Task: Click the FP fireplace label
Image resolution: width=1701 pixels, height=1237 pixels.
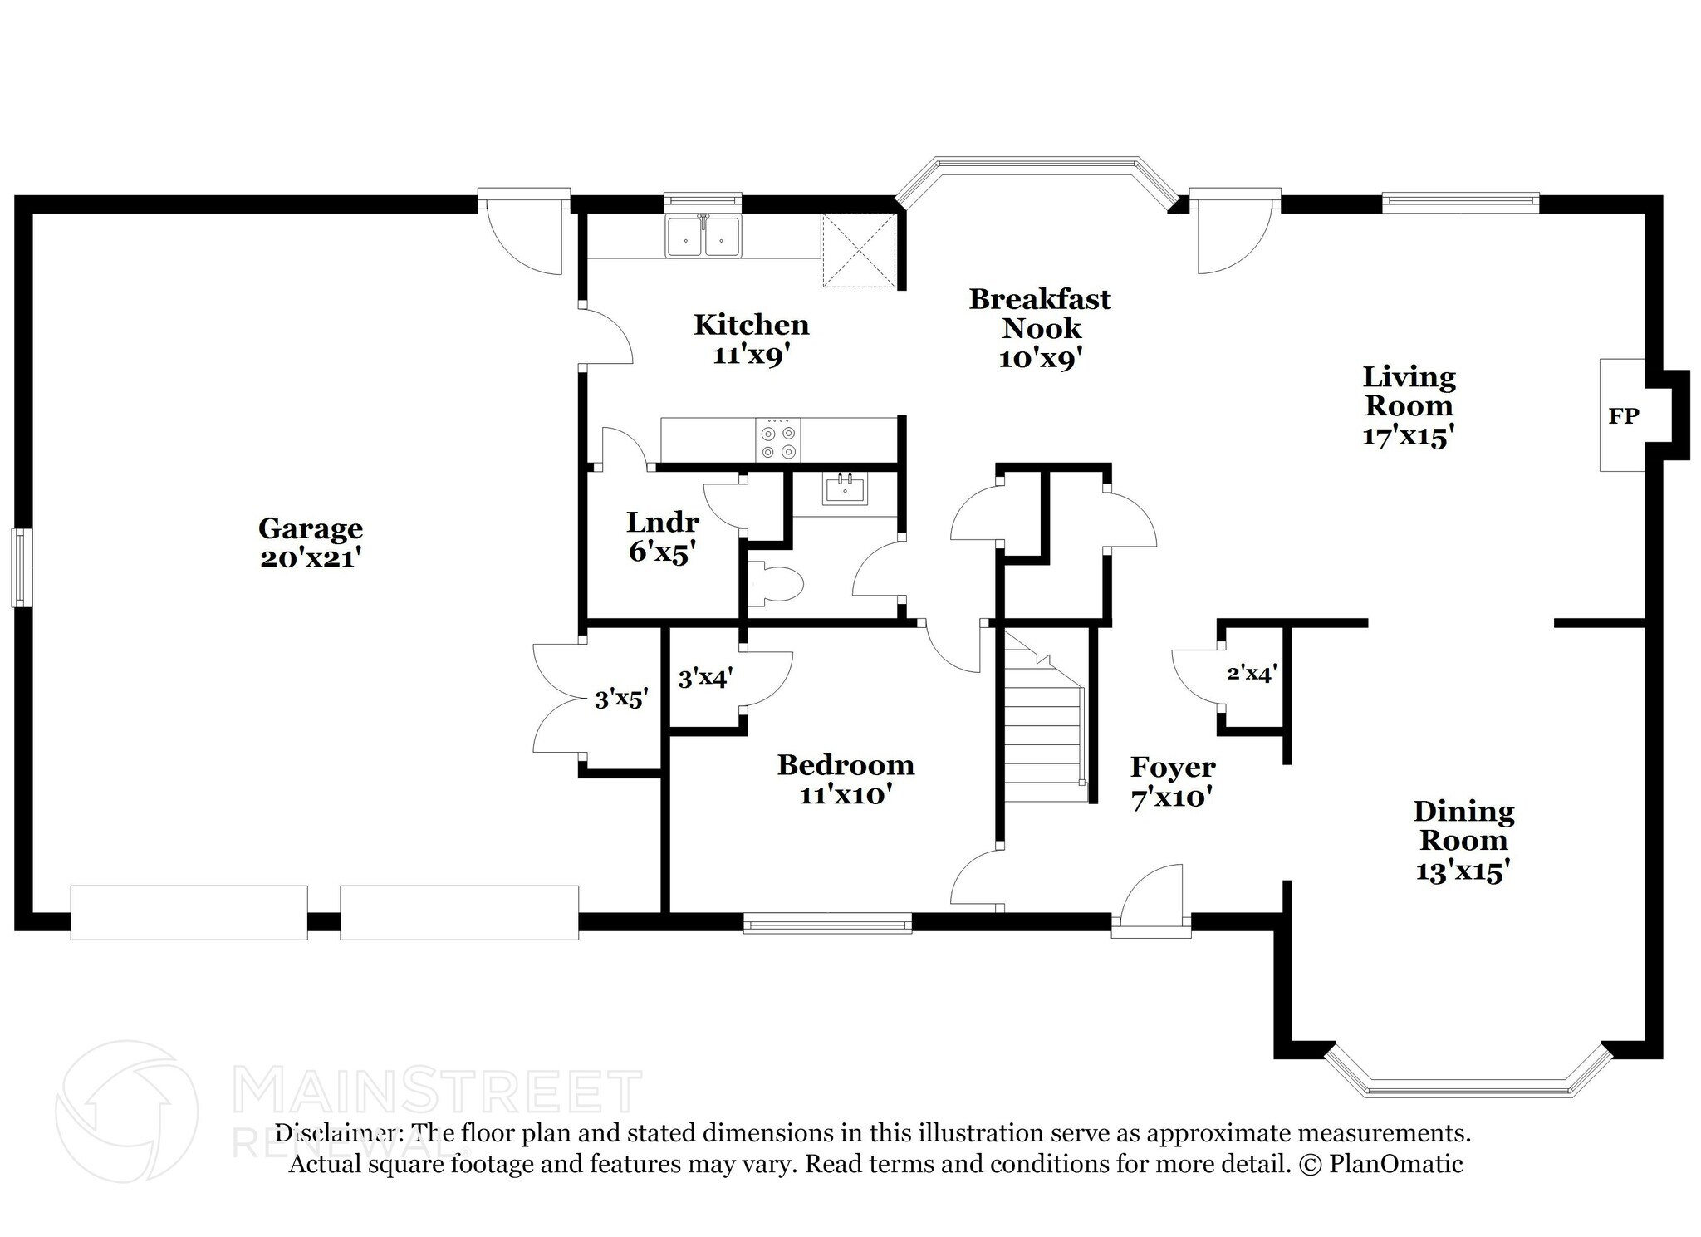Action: [1623, 416]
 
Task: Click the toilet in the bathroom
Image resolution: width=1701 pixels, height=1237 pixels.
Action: [777, 583]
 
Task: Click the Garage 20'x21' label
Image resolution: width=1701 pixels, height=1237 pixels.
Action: [310, 542]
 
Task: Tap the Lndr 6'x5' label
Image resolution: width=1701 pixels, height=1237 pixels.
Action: [662, 537]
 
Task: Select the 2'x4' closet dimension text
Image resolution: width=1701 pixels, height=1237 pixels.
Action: [1252, 673]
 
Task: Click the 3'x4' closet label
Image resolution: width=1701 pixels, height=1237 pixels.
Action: [704, 680]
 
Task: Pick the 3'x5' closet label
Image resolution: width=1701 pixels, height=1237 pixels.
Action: [620, 699]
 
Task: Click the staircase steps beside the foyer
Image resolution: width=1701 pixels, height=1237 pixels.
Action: [1045, 731]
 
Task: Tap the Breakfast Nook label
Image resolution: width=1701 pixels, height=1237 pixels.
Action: [1040, 328]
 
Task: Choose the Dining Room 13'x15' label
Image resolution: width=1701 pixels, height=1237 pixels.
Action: [1463, 840]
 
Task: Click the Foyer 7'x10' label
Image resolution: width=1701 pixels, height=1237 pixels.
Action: [1172, 782]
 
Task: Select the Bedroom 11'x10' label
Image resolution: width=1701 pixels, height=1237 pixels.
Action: [846, 778]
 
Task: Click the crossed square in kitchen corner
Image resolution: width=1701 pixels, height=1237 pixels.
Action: [860, 250]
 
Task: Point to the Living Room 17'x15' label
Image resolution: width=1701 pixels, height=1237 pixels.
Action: [1409, 406]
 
